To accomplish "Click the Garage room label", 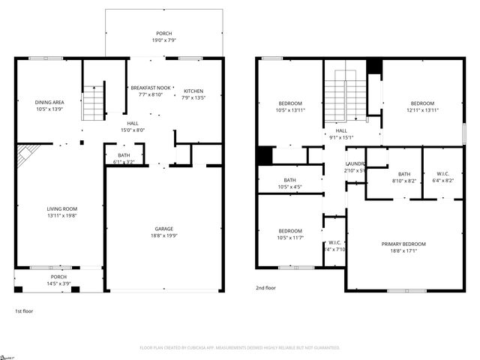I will click(163, 230).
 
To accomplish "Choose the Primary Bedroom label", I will click(403, 244).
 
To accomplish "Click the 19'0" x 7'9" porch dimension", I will click(163, 40).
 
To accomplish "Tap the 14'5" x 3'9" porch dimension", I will click(58, 283).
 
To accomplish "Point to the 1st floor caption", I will click(24, 310).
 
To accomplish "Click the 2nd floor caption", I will click(265, 287).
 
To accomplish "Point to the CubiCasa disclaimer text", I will click(240, 347).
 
